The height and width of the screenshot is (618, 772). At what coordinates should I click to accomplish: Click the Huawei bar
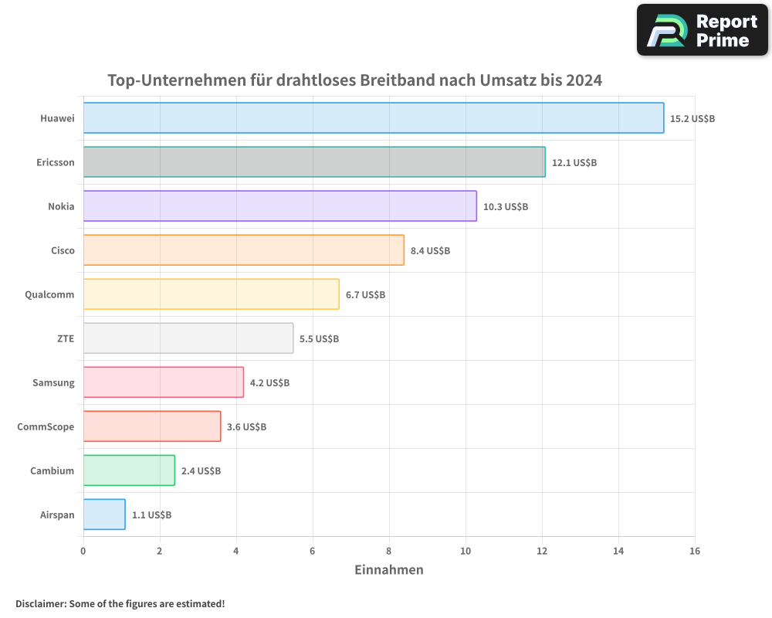[x=374, y=118]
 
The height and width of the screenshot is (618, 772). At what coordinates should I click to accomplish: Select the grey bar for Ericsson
[x=314, y=162]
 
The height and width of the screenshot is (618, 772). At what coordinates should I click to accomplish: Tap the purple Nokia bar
[x=279, y=206]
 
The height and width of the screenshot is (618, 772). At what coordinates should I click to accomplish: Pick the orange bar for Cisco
[x=243, y=250]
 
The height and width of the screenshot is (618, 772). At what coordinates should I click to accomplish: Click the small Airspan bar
[x=104, y=514]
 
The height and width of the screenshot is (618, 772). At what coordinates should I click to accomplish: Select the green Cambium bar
[x=129, y=470]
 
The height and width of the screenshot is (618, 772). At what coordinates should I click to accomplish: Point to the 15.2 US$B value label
[x=692, y=119]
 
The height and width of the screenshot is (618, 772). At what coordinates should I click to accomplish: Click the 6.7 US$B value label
[x=365, y=295]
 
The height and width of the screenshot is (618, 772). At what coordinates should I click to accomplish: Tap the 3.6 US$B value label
[x=246, y=427]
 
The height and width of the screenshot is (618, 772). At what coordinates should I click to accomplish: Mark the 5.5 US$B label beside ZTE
[x=319, y=339]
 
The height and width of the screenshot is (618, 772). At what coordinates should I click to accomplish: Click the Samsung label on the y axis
[x=53, y=382]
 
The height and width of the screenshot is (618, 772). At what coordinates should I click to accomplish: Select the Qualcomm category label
[x=49, y=294]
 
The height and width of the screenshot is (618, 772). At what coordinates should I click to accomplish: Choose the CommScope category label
[x=46, y=426]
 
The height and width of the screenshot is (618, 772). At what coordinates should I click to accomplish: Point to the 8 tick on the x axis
[x=389, y=551]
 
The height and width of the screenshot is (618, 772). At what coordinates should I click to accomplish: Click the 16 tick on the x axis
[x=694, y=551]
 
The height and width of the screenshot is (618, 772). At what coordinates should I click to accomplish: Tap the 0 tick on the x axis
[x=83, y=551]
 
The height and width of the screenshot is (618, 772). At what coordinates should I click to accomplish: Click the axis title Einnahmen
[x=388, y=570]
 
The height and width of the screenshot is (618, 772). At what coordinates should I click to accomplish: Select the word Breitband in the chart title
[x=398, y=80]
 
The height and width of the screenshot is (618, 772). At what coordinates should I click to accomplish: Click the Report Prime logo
[x=703, y=30]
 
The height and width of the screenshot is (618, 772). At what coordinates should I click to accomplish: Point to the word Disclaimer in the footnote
[x=40, y=603]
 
